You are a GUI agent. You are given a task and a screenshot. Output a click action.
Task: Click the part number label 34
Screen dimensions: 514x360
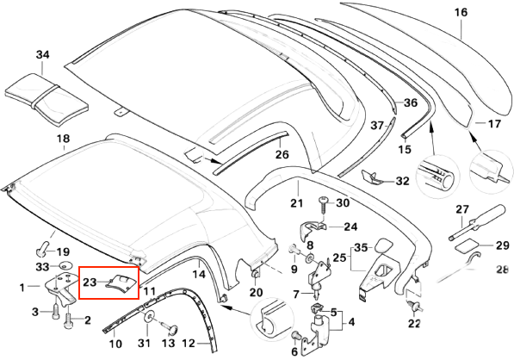42,54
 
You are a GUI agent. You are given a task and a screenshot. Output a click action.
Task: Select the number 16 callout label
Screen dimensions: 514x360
461,12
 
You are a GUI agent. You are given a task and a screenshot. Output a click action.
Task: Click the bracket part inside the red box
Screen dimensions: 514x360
121,283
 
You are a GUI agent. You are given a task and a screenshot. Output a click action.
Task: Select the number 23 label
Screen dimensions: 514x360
90,282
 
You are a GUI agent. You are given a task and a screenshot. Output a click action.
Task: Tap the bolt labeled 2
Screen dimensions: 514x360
69,320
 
